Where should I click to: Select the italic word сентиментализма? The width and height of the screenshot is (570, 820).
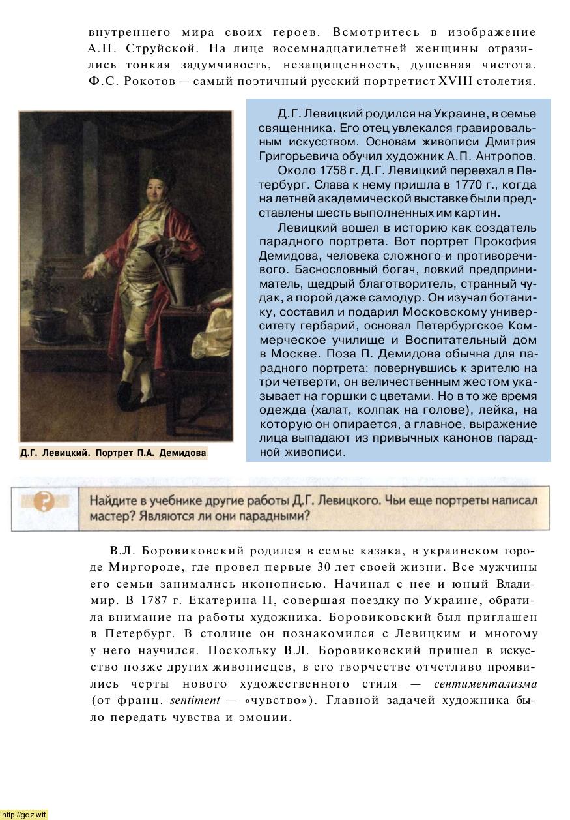click(485, 684)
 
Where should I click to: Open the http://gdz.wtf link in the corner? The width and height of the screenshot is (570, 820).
click(24, 814)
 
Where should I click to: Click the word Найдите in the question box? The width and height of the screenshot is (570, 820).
click(113, 501)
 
